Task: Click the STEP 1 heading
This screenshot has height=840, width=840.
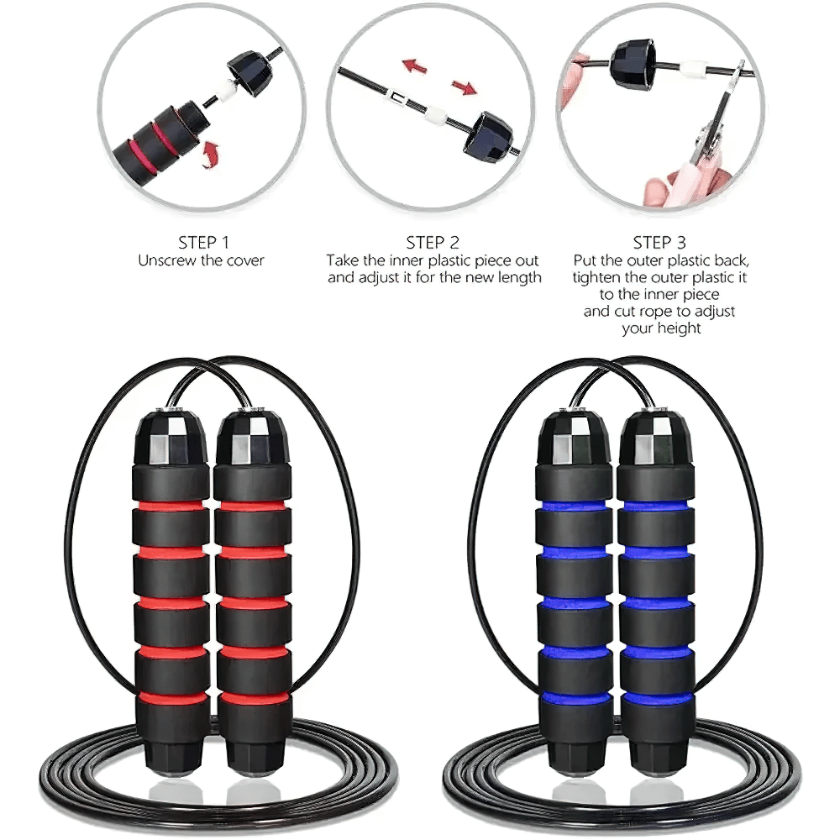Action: (x=201, y=242)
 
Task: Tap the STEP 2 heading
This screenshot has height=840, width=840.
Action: (x=433, y=242)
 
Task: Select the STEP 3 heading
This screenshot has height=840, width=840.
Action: (x=660, y=242)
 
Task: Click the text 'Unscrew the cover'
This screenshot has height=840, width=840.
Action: (x=201, y=260)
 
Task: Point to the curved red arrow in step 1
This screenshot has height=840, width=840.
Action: (x=213, y=155)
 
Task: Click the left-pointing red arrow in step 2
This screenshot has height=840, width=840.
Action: (x=412, y=65)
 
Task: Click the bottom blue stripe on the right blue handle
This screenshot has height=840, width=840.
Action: (x=657, y=697)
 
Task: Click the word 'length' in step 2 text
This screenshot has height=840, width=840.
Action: (x=517, y=277)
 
